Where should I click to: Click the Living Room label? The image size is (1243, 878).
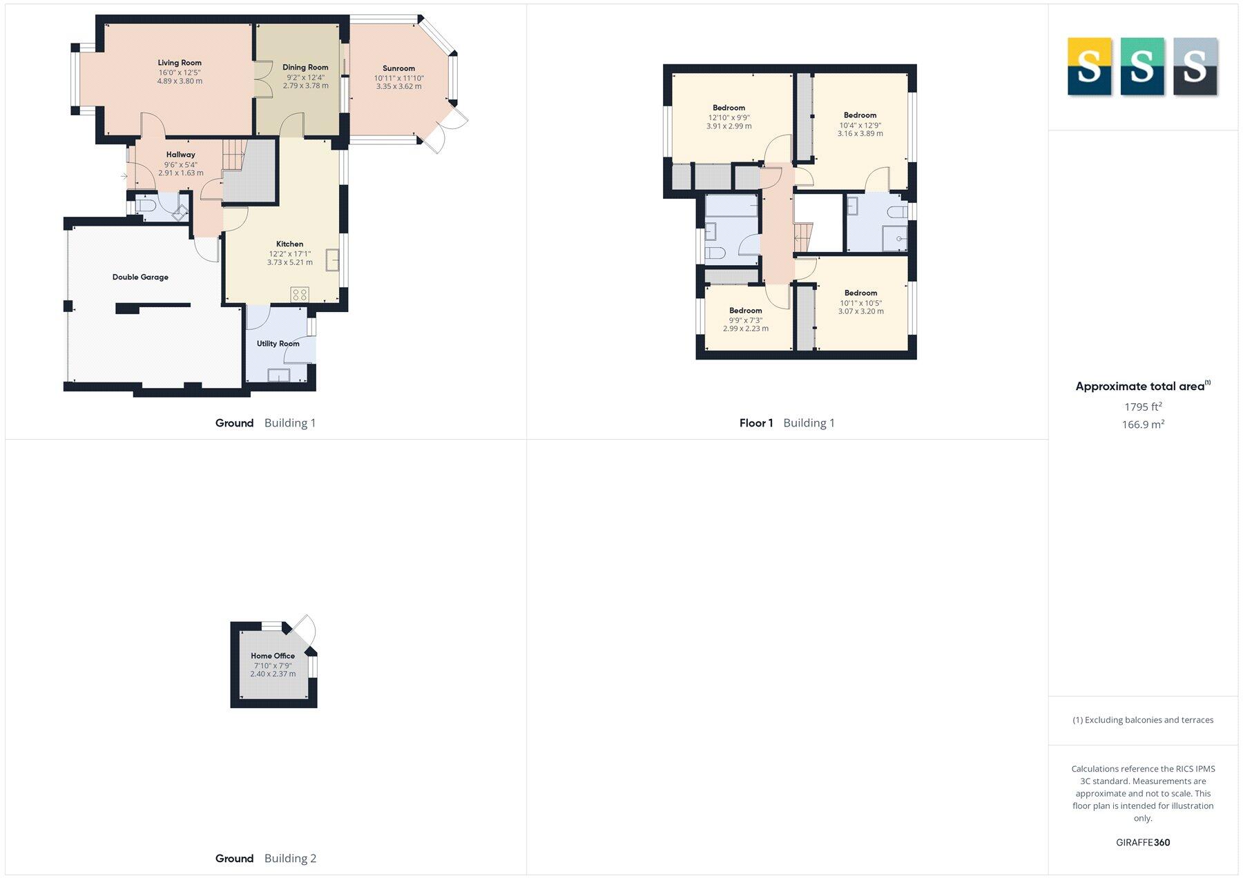click(x=180, y=63)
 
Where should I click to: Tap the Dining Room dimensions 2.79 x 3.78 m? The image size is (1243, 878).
click(x=305, y=86)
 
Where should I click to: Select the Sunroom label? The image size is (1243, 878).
click(x=398, y=68)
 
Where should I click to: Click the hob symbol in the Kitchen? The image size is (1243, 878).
click(x=300, y=295)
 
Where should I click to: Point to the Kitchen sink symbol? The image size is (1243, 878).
click(x=333, y=260)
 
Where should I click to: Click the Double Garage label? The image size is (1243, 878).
click(x=140, y=277)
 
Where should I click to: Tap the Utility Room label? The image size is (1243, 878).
click(x=278, y=344)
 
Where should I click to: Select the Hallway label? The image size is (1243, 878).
click(x=180, y=155)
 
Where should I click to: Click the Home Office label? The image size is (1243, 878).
click(x=273, y=656)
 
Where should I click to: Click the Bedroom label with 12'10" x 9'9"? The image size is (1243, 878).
click(x=729, y=108)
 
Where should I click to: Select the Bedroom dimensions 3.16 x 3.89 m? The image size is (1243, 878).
click(x=860, y=134)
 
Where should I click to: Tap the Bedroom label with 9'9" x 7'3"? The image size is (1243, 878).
click(x=745, y=311)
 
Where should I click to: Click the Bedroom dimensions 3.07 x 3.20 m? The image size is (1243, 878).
click(x=860, y=311)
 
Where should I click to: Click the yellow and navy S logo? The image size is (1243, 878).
click(x=1089, y=66)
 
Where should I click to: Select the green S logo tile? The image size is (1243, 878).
click(x=1141, y=66)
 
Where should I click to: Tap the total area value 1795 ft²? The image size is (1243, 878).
click(x=1143, y=407)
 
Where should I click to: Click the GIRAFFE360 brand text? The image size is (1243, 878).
click(x=1143, y=842)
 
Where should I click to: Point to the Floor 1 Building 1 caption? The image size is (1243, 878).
click(x=787, y=423)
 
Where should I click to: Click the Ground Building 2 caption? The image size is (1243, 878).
click(x=266, y=859)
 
